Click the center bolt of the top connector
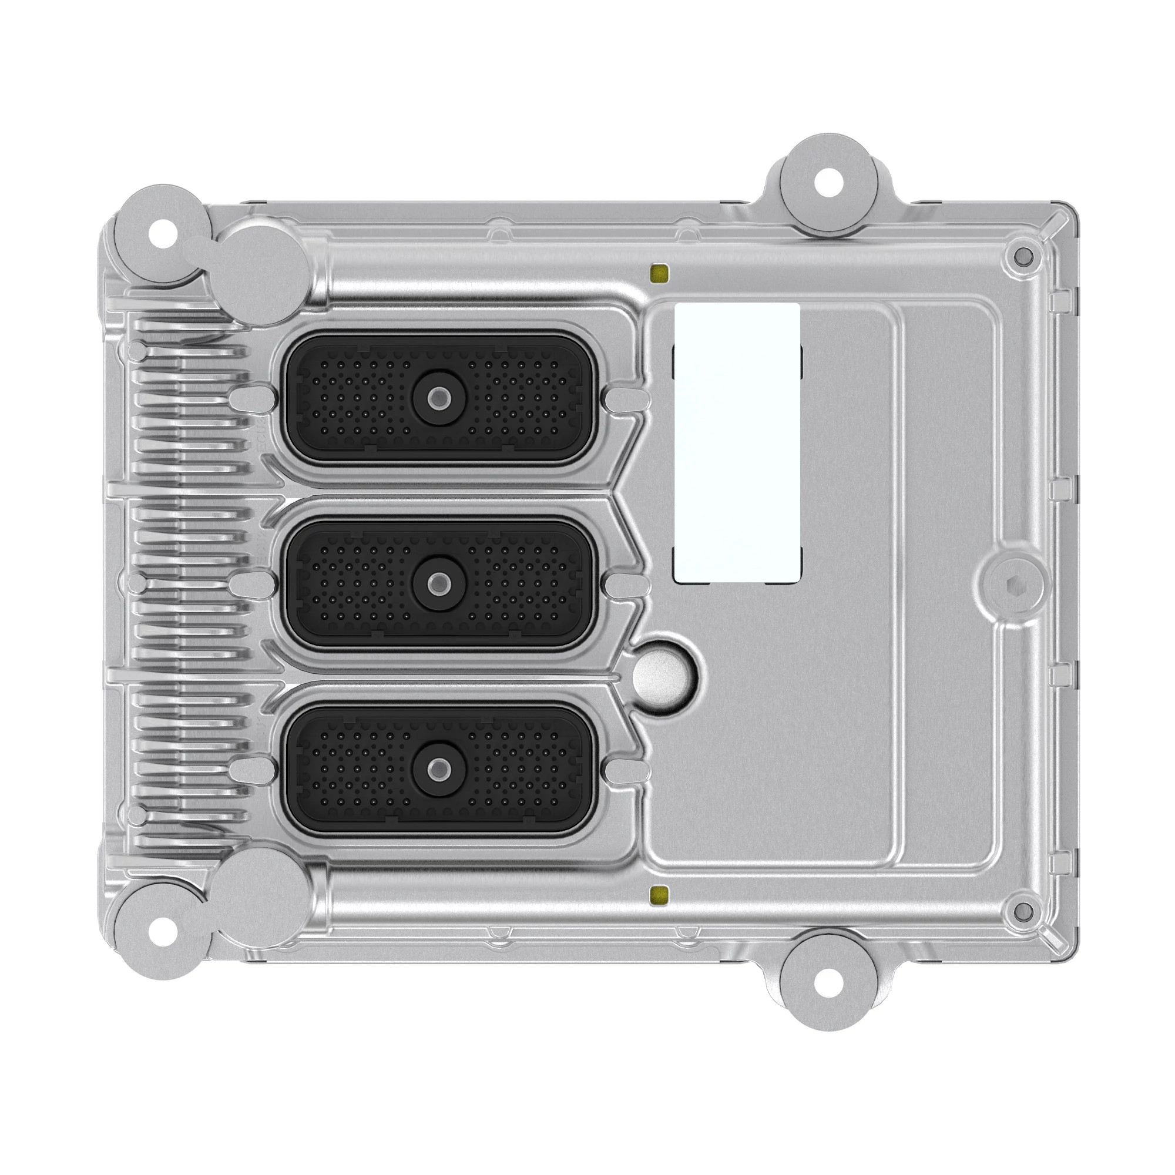[x=435, y=399]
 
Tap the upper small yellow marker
[x=659, y=274]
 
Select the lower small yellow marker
[x=659, y=894]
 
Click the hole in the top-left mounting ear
[x=162, y=236]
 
